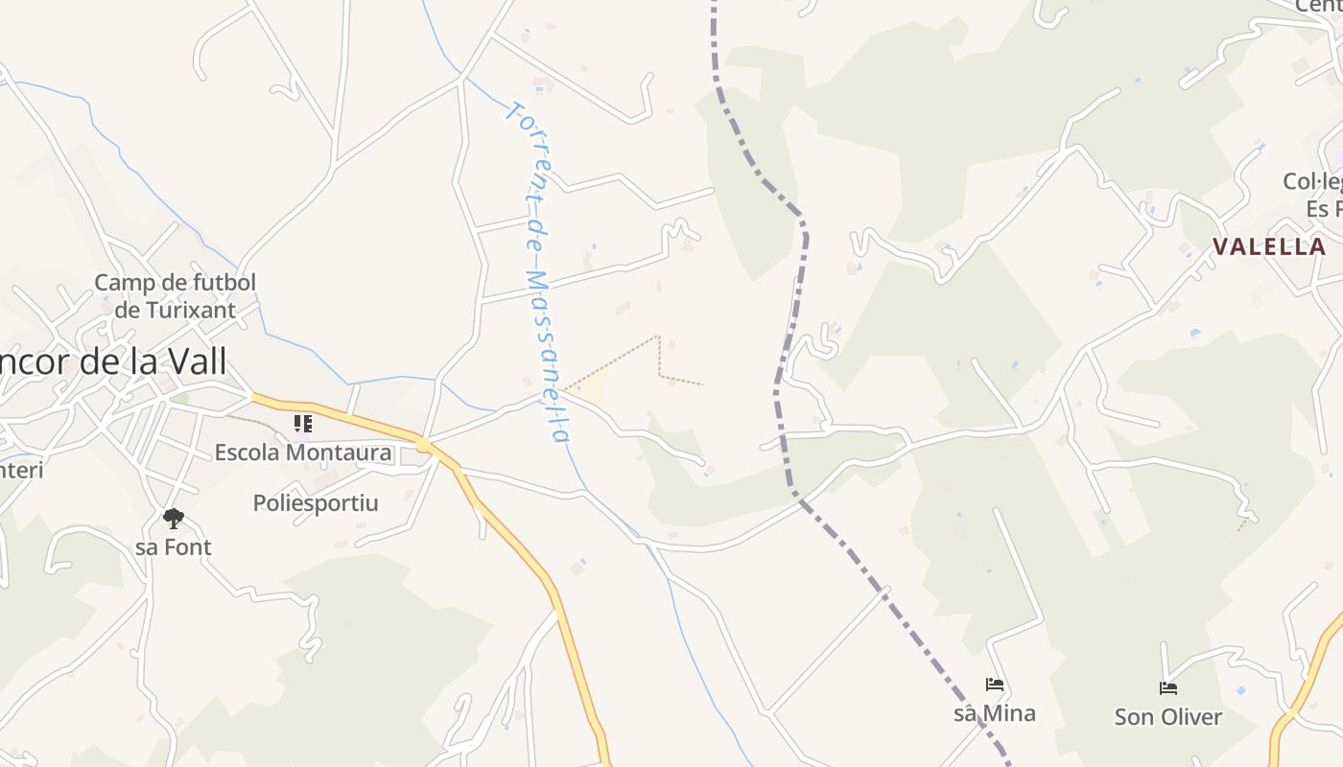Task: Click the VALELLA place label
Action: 1268,247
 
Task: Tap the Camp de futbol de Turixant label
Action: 176,295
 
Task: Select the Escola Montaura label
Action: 303,453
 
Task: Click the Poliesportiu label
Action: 316,502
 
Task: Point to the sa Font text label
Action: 174,547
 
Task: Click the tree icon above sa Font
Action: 174,519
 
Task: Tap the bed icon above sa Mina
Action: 995,685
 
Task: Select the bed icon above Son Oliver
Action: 1168,688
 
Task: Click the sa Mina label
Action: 995,713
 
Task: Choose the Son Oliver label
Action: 1168,717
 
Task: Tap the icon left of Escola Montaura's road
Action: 303,423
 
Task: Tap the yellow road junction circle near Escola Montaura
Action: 423,445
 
